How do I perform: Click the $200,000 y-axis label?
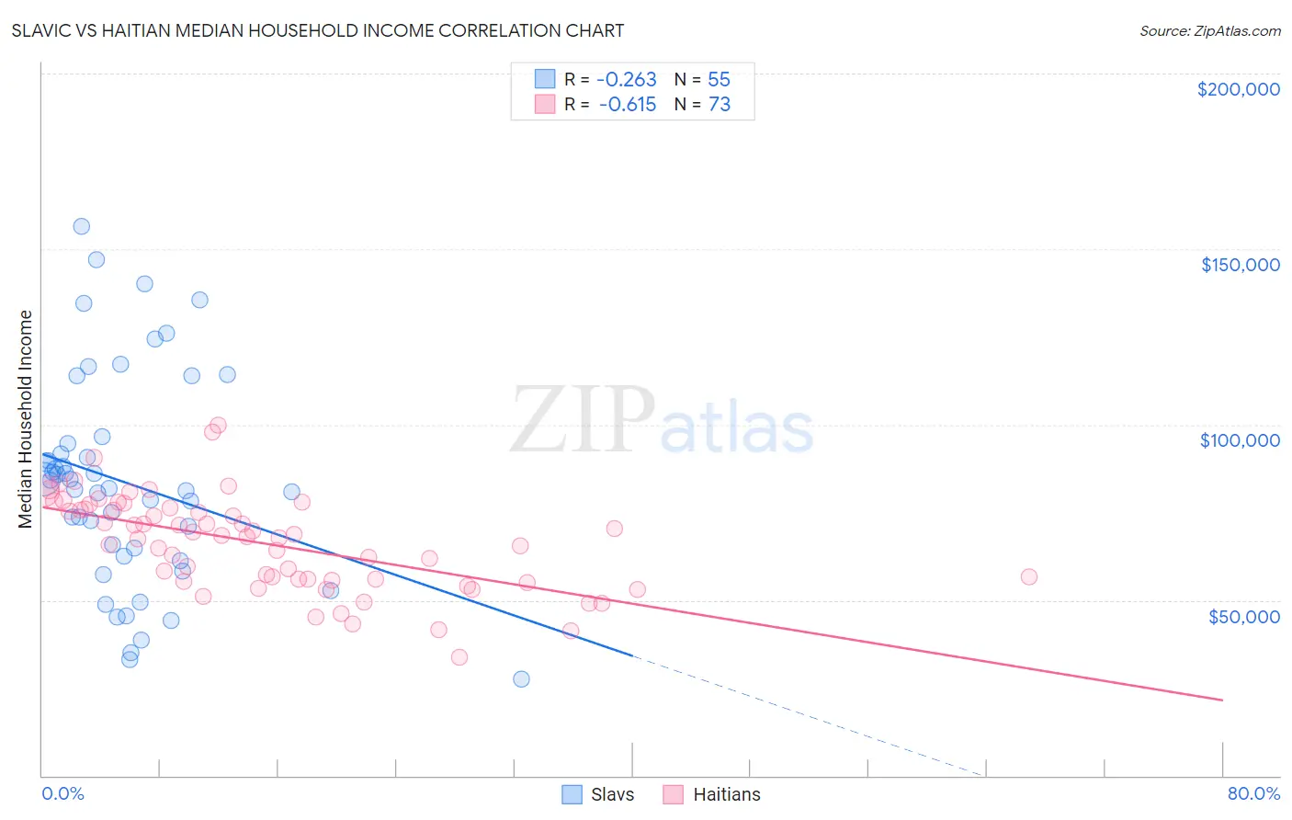pyautogui.click(x=1238, y=89)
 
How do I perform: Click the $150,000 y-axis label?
pyautogui.click(x=1240, y=265)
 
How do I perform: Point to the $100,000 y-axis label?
pyautogui.click(x=1240, y=440)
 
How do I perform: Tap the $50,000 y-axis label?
pyautogui.click(x=1243, y=616)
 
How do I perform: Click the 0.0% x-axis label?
pyautogui.click(x=62, y=793)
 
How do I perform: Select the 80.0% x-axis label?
pyautogui.click(x=1253, y=793)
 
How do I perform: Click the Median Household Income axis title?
pyautogui.click(x=26, y=419)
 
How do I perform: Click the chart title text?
pyautogui.click(x=318, y=30)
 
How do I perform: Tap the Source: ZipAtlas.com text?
pyautogui.click(x=1209, y=30)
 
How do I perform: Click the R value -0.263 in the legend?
pyautogui.click(x=628, y=79)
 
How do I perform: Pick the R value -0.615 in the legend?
pyautogui.click(x=628, y=105)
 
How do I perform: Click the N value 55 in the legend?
pyautogui.click(x=719, y=79)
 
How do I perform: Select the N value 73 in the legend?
pyautogui.click(x=719, y=105)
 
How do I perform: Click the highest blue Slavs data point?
pyautogui.click(x=81, y=226)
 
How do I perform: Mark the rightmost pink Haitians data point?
pyautogui.click(x=1029, y=576)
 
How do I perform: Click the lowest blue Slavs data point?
pyautogui.click(x=521, y=678)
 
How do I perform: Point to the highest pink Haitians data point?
pyautogui.click(x=218, y=425)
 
